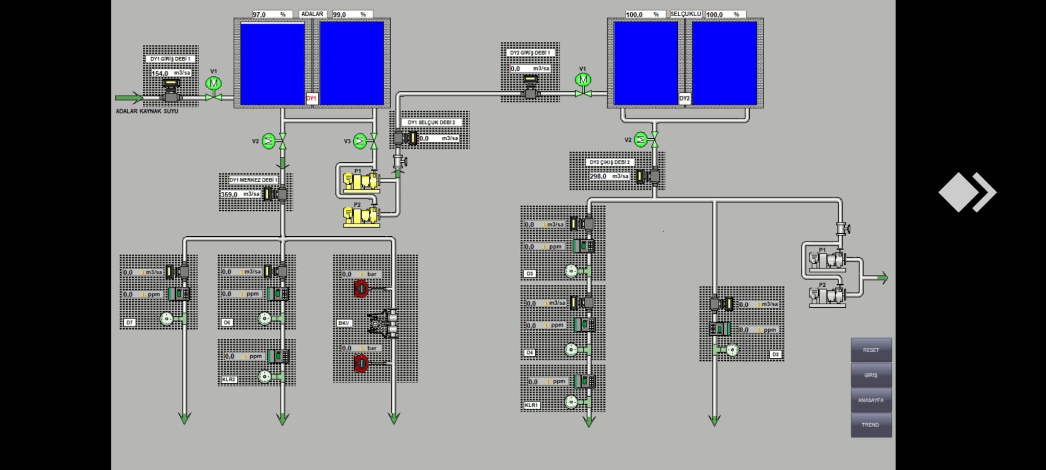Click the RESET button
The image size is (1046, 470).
click(871, 350)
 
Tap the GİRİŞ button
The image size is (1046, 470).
click(871, 375)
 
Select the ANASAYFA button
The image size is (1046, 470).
click(871, 400)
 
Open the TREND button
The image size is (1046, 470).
click(871, 425)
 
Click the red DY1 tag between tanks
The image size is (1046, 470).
click(312, 98)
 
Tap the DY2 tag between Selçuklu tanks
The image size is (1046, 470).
click(685, 98)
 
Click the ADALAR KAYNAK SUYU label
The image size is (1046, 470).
click(147, 111)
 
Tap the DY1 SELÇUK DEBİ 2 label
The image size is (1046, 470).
click(431, 122)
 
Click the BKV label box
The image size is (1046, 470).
click(344, 323)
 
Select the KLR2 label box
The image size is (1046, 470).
click(229, 380)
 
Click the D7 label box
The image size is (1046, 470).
click(130, 323)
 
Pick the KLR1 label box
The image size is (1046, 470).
click(531, 405)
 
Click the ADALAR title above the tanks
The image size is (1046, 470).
click(312, 14)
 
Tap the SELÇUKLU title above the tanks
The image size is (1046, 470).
click(685, 14)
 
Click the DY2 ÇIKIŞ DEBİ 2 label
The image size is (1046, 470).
click(610, 162)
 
